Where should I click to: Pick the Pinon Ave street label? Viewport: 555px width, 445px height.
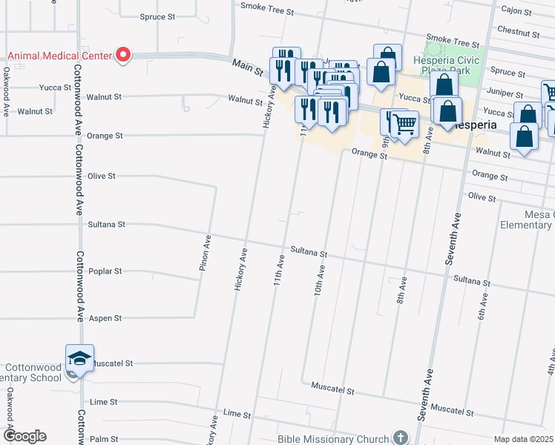(x=206, y=253)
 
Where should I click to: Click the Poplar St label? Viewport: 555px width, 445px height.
(x=105, y=271)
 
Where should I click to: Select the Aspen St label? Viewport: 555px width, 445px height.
(x=105, y=318)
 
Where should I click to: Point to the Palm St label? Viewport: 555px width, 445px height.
(x=103, y=439)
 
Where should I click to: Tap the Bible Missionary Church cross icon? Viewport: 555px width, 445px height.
(x=401, y=438)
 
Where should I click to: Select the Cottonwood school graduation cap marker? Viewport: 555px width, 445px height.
(x=79, y=359)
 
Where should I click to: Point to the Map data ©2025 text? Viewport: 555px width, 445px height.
(x=523, y=439)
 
